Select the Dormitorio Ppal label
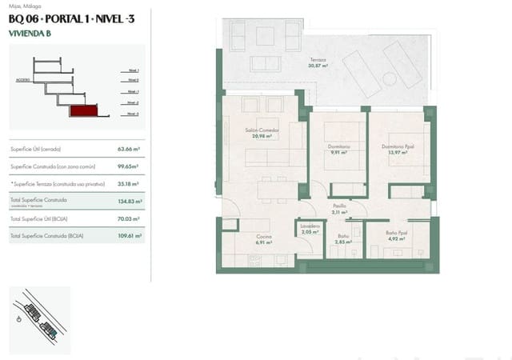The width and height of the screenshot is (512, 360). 398,146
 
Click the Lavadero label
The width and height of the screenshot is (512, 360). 311,226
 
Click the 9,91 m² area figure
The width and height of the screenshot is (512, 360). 338,152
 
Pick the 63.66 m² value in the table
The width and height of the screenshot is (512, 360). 128,149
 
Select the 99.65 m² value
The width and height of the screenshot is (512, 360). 128,166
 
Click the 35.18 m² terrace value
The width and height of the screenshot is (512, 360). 128,183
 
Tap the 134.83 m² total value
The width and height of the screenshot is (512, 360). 128,202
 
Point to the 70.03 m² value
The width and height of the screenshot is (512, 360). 128,218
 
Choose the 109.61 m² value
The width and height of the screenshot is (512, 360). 128,236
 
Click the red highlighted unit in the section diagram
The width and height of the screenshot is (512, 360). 83,113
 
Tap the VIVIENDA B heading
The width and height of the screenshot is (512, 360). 30,34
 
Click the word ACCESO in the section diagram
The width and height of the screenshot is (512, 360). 22,80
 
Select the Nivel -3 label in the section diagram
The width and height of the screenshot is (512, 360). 133,114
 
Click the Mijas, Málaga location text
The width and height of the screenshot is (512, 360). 23,6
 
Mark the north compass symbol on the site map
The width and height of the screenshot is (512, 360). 18,318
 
